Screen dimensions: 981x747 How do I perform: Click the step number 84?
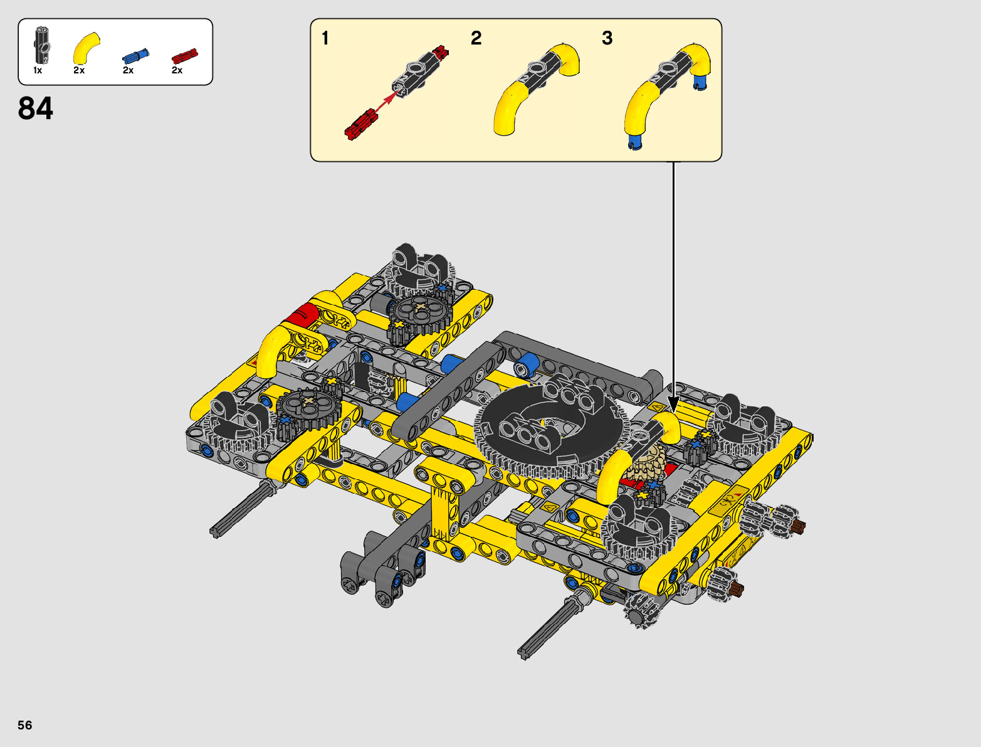point(35,108)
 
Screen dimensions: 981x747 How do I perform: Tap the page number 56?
point(25,724)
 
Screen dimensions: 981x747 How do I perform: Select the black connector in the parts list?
point(42,46)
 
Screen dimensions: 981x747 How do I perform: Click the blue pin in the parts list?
point(135,56)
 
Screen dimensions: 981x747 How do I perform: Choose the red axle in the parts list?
point(184,56)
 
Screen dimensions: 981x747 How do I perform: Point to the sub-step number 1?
point(325,38)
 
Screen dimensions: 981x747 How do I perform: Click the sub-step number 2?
point(476,38)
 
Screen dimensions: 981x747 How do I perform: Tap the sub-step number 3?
point(607,38)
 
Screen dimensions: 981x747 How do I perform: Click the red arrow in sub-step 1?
point(386,101)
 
